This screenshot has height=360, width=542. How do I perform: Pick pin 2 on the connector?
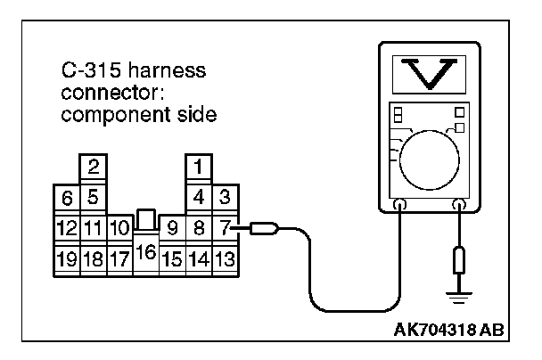(x=93, y=166)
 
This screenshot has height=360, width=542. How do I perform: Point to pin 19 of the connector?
(x=67, y=260)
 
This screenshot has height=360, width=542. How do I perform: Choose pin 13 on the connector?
(x=225, y=260)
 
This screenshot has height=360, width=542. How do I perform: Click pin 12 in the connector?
(x=67, y=229)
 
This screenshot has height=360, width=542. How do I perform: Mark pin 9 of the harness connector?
(x=173, y=229)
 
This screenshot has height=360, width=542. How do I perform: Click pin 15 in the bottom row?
(x=173, y=260)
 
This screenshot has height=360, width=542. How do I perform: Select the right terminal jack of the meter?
(x=458, y=205)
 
